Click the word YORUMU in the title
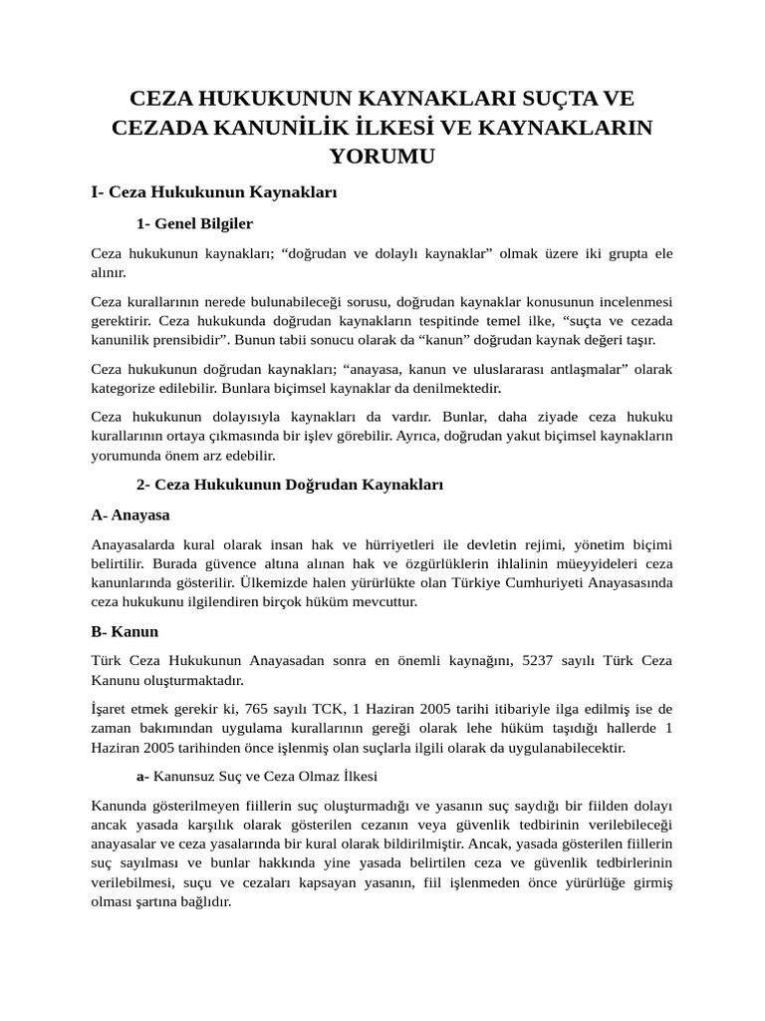click(382, 157)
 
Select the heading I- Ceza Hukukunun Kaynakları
click(214, 191)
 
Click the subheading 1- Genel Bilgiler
click(194, 223)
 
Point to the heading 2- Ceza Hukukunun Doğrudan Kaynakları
click(289, 484)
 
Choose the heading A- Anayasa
click(130, 514)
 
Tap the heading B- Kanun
click(125, 631)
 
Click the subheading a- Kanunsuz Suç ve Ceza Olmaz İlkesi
click(256, 776)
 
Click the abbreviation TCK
click(329, 709)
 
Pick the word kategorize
click(127, 388)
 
